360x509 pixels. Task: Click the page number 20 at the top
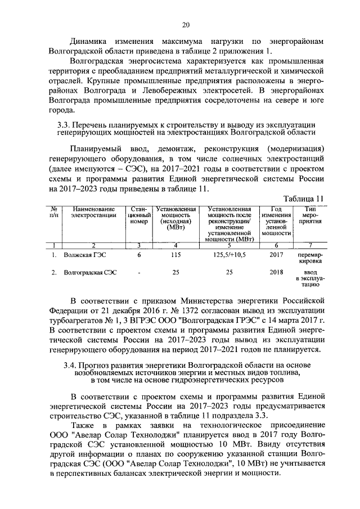click(186, 24)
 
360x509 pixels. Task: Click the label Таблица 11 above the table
click(304, 199)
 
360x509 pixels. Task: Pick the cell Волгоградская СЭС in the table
click(91, 272)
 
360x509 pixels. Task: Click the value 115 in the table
click(175, 255)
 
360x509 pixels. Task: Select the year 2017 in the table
click(276, 255)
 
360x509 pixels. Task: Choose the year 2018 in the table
click(276, 272)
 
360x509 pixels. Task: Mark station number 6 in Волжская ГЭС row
click(139, 255)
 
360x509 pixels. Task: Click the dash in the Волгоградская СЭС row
click(139, 272)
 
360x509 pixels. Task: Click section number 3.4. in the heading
click(71, 365)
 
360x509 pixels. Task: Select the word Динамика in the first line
click(89, 41)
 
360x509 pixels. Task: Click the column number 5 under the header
click(229, 245)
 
